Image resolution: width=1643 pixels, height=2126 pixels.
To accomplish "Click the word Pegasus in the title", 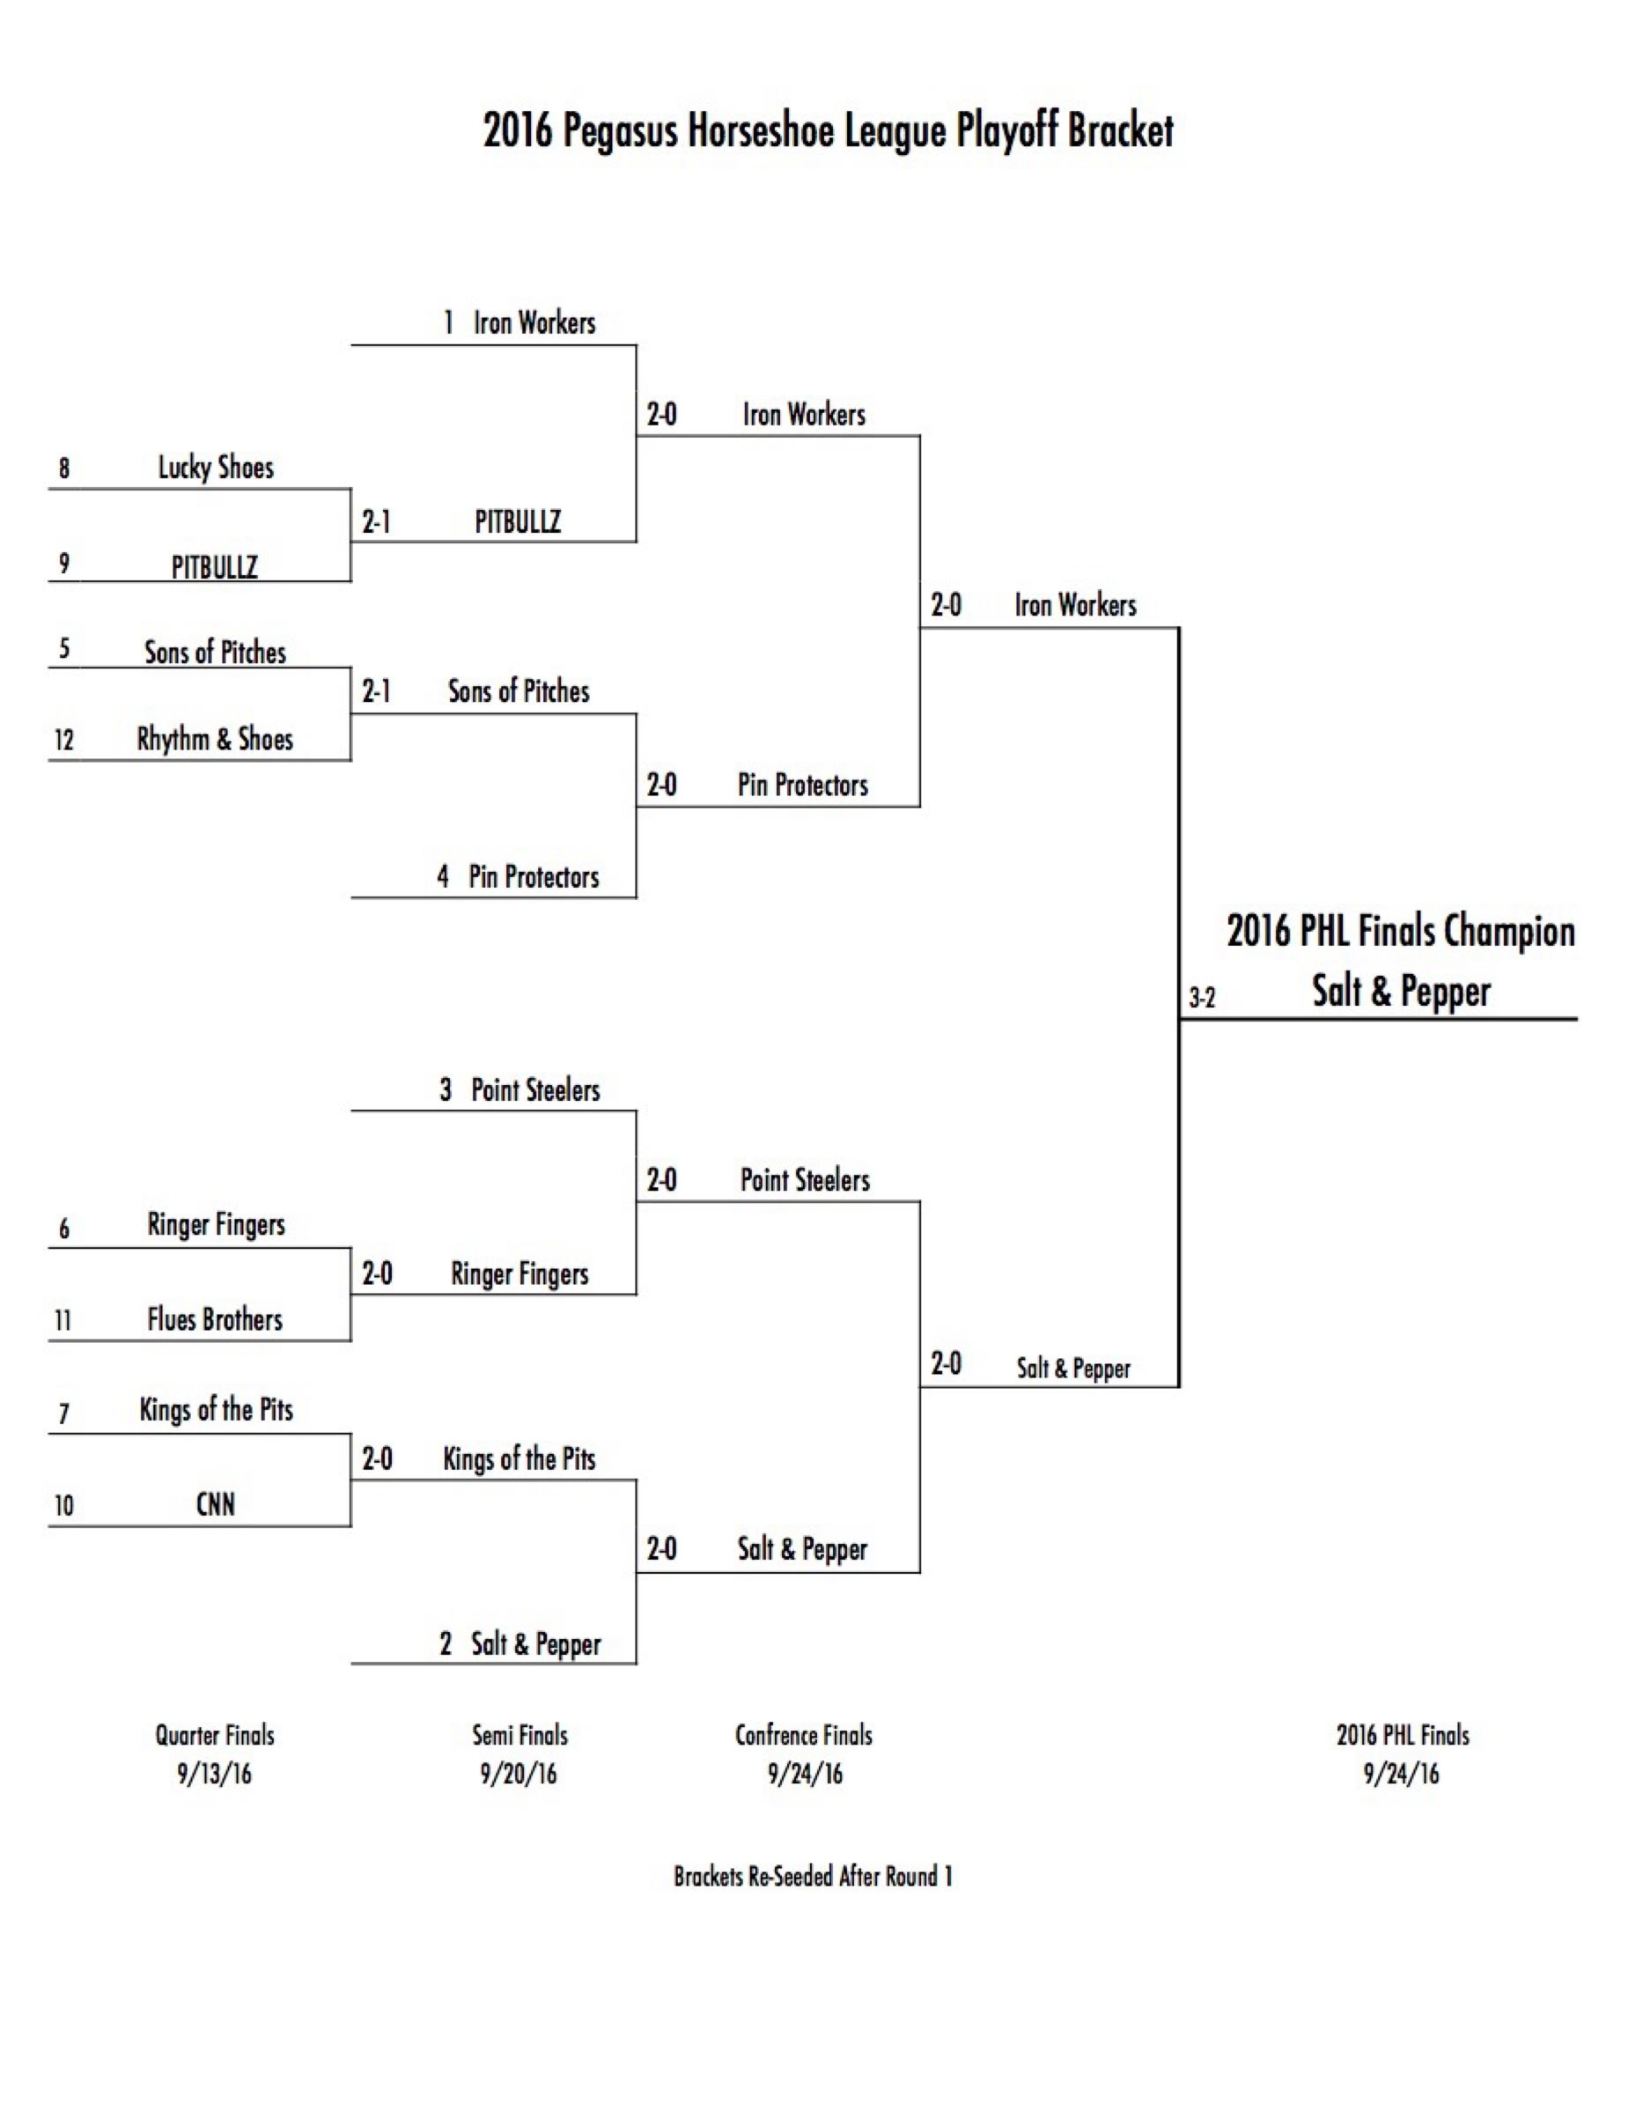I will click(x=619, y=131).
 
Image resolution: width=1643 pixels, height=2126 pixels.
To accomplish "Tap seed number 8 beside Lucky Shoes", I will click(x=64, y=469).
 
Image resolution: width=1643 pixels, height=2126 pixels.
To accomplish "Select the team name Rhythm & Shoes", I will click(x=215, y=739).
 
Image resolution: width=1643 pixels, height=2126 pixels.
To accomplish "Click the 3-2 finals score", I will click(x=1202, y=998).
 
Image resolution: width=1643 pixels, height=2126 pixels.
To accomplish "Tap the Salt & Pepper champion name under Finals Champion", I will click(x=1401, y=991).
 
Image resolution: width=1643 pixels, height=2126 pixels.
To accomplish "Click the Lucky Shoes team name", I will click(x=216, y=468).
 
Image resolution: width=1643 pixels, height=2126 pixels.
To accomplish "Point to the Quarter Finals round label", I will click(x=215, y=1735).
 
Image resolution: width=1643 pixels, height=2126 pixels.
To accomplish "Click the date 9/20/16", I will click(x=519, y=1774).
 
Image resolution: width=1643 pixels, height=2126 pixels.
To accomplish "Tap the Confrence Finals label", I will click(x=804, y=1735).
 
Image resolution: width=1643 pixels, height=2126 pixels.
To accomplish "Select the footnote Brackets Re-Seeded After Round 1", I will click(x=813, y=1876).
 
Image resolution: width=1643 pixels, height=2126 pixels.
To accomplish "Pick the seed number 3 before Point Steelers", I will click(x=446, y=1089).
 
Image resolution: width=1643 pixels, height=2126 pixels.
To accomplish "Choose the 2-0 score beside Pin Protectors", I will click(x=662, y=785).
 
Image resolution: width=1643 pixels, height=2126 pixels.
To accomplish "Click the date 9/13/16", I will click(x=214, y=1774).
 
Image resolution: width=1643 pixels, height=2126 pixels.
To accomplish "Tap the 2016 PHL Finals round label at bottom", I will click(x=1403, y=1735).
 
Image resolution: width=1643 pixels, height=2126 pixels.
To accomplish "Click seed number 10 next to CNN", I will click(x=64, y=1506).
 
